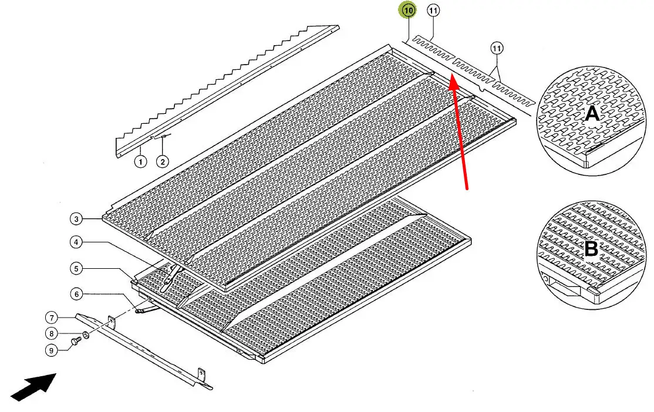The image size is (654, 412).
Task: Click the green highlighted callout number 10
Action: point(407,11)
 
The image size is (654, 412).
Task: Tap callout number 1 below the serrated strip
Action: point(140,161)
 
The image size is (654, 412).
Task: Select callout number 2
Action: point(162,161)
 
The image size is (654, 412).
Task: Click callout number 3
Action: point(76,218)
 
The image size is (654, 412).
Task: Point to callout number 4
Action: point(76,242)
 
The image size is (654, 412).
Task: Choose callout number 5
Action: point(76,269)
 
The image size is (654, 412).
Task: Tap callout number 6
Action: point(76,294)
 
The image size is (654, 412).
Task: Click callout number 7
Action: point(51,318)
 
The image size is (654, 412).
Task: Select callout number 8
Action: point(51,333)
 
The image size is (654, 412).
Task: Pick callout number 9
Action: point(51,350)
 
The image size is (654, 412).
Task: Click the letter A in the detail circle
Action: point(592,113)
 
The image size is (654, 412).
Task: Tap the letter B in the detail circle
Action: point(591,249)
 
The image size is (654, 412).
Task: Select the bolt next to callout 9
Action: point(76,342)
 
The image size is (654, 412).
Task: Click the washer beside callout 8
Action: point(86,335)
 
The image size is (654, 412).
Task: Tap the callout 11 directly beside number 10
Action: point(433,11)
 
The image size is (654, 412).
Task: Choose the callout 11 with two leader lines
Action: point(496,48)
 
